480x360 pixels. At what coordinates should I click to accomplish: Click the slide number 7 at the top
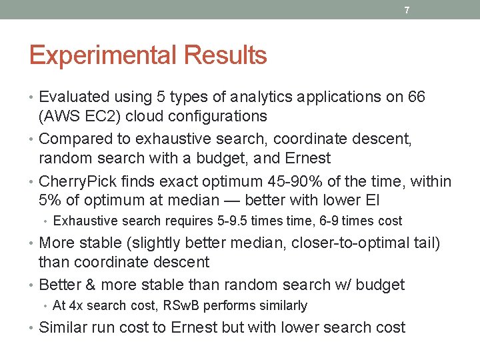point(406,10)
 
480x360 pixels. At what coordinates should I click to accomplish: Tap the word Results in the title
point(223,55)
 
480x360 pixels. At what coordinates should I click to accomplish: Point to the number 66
point(416,97)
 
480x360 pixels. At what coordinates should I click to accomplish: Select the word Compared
point(75,139)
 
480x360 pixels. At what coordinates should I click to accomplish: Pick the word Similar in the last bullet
point(64,327)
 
